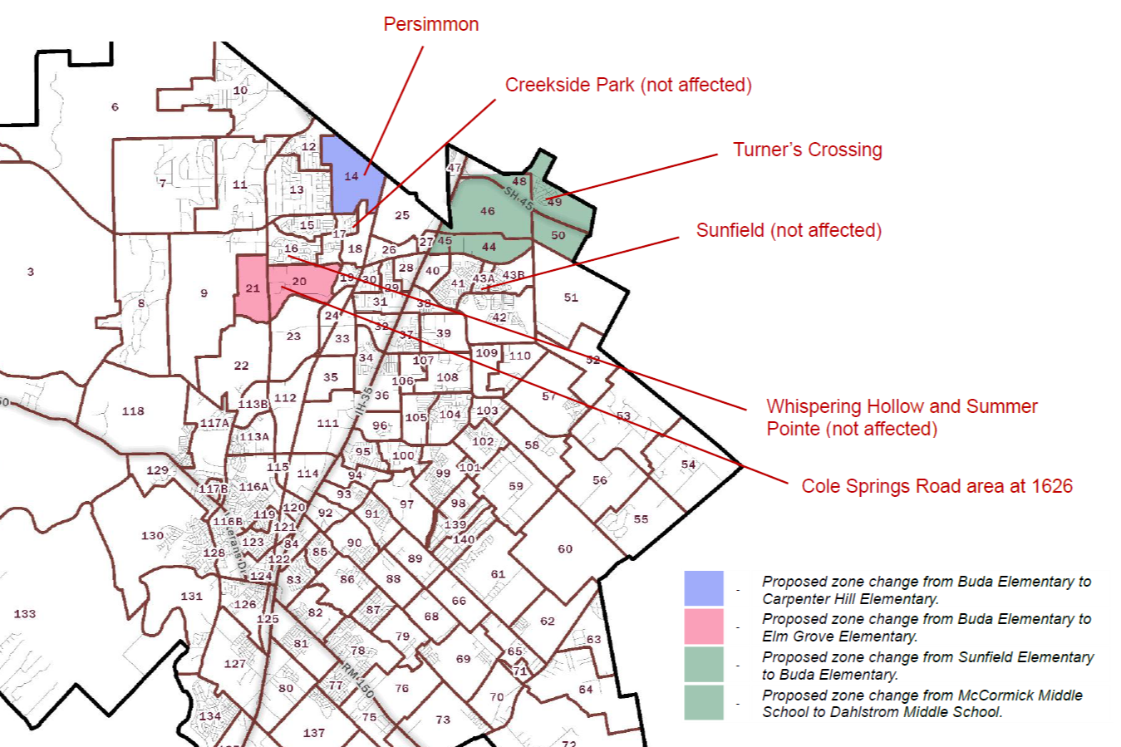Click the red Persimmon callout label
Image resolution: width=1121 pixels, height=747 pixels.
[x=430, y=24]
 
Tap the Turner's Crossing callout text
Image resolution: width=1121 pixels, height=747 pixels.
[x=807, y=150]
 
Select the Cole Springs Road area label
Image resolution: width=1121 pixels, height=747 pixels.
[x=937, y=486]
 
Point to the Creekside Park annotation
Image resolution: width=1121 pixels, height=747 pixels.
[x=628, y=85]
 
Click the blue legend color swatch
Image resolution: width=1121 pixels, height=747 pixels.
[x=703, y=589]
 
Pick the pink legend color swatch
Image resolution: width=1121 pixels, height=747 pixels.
[x=703, y=627]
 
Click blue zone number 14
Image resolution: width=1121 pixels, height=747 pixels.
[x=352, y=176]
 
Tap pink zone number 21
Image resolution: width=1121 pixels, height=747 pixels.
[x=253, y=288]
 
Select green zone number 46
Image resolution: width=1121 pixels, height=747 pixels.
[x=488, y=211]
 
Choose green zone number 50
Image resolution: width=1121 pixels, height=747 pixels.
[x=558, y=235]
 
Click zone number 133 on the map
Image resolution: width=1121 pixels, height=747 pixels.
[x=25, y=614]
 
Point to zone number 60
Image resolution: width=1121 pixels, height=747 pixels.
[x=565, y=549]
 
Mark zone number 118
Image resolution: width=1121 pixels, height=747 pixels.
[x=133, y=411]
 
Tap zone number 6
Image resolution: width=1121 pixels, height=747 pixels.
[x=115, y=106]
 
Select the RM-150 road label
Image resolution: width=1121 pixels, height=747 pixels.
[x=358, y=679]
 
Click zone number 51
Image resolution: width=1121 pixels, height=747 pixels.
[x=571, y=297]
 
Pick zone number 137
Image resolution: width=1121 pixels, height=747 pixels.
[x=314, y=733]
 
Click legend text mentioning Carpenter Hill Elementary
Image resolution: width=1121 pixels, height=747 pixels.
[x=927, y=590]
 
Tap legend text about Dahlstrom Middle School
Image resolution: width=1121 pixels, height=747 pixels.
[x=922, y=704]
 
